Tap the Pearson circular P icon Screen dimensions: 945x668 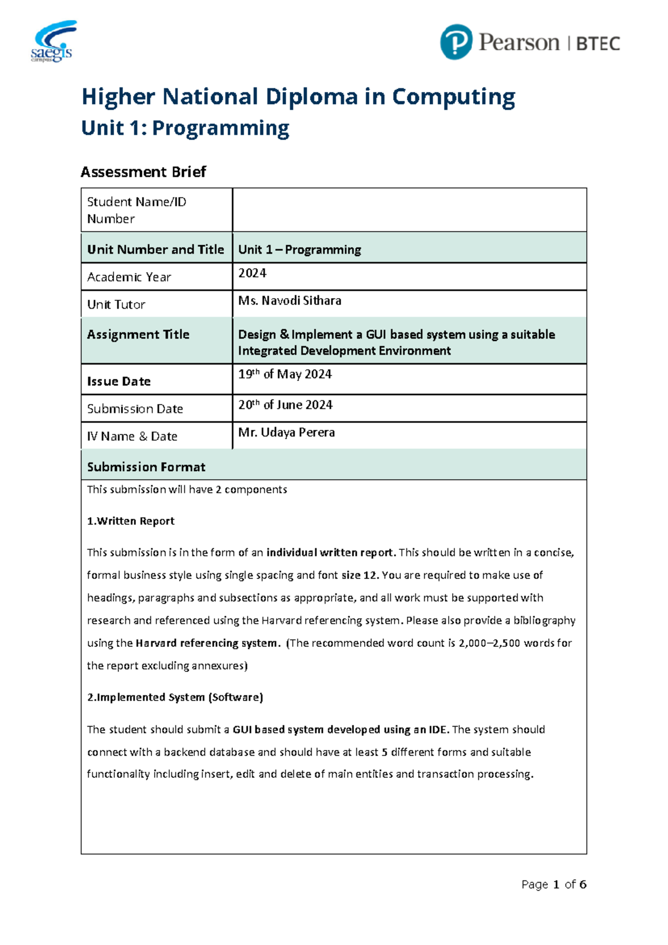(x=456, y=42)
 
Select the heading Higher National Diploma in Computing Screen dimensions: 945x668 (x=298, y=97)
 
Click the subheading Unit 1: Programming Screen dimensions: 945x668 (x=185, y=128)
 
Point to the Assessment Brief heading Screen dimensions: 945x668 (x=143, y=172)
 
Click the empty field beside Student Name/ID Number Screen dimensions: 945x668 (x=409, y=210)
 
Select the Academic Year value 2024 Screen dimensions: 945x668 (x=252, y=273)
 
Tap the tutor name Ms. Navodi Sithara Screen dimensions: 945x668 (x=289, y=301)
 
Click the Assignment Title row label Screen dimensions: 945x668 (x=138, y=334)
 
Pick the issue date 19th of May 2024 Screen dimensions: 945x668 (x=284, y=374)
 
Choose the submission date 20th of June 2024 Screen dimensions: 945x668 (x=285, y=405)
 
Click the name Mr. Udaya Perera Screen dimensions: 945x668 (x=286, y=432)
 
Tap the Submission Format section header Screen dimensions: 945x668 (x=146, y=467)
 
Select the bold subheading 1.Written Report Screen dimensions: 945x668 (x=131, y=521)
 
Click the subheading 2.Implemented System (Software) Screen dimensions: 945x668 (x=175, y=697)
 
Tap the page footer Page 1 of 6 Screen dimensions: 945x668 (x=553, y=884)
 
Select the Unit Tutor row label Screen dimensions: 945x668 (x=116, y=305)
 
